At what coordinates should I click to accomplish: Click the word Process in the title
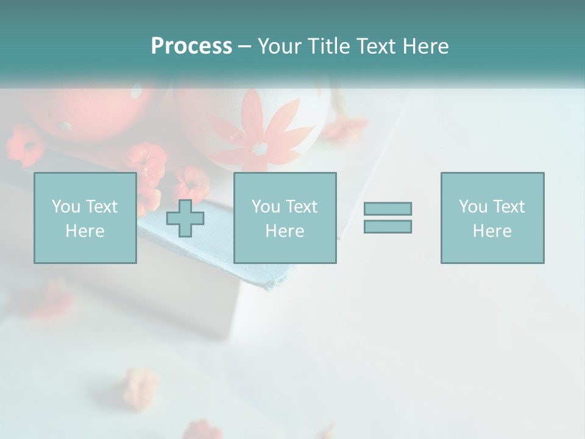191,46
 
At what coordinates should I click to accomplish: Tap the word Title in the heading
330,46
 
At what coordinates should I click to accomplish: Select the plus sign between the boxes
185,218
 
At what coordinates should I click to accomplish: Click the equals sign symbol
388,218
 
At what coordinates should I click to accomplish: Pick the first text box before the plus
85,218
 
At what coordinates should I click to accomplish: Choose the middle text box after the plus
285,218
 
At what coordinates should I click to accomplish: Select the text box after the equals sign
492,218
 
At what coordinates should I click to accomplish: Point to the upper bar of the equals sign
388,209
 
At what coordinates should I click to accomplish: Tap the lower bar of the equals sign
388,226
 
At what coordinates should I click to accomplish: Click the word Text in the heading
375,46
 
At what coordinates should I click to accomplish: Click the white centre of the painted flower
261,148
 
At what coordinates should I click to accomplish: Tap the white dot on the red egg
63,126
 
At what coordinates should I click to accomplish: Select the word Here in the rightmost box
492,231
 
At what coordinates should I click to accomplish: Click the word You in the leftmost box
66,207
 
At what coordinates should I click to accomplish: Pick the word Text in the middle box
302,207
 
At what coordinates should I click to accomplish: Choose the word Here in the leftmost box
85,231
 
